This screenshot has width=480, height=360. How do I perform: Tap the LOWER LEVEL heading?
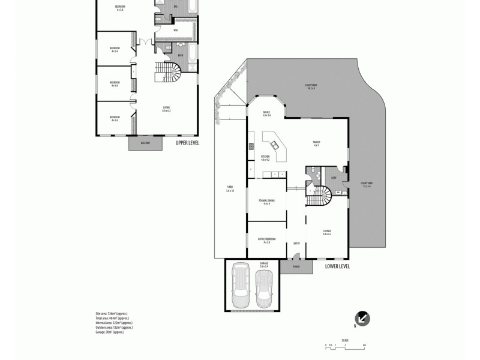point(337,266)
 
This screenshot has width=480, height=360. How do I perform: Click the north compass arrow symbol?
point(363,319)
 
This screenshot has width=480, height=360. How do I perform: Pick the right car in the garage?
point(264,288)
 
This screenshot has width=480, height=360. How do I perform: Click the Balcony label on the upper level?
point(145,143)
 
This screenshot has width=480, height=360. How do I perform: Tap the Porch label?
point(295,266)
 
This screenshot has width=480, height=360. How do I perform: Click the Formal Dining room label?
point(266,202)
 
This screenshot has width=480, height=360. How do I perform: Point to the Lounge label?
point(327,232)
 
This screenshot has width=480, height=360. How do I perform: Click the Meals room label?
point(266,113)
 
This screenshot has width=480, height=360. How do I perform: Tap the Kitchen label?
point(265,158)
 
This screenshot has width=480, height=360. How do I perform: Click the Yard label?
point(229,189)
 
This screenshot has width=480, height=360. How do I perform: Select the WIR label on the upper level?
point(175,29)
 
